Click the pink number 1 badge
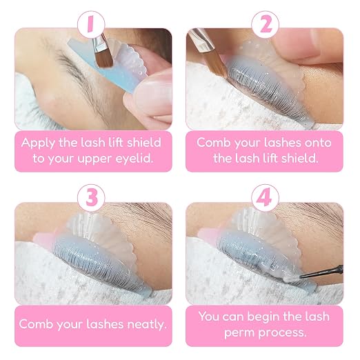pyautogui.click(x=91, y=24)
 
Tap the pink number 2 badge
pyautogui.click(x=265, y=24)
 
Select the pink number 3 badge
pyautogui.click(x=91, y=198)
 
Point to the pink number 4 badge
pyautogui.click(x=265, y=198)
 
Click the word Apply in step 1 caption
pyautogui.click(x=38, y=143)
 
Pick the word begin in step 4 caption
pyautogui.click(x=263, y=317)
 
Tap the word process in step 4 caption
pyautogui.click(x=283, y=333)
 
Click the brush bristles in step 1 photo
pyautogui.click(x=104, y=59)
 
